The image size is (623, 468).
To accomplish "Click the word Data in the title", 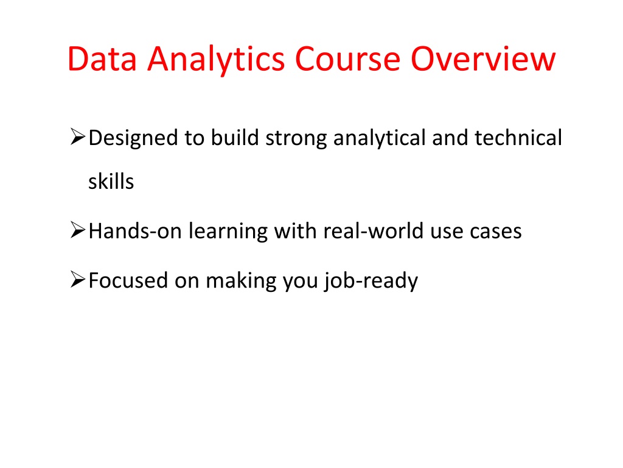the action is coord(102,58).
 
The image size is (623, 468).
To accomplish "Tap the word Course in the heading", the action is coord(347,58).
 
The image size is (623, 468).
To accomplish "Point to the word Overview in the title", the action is coord(482,58).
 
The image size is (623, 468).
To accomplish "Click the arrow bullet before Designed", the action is coord(77,136).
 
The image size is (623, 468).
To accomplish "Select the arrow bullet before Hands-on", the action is coord(77,230).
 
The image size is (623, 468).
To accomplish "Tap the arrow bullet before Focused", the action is coord(77,279).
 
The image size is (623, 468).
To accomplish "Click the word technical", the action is coord(518,138).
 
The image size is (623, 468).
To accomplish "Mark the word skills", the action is coord(111,182).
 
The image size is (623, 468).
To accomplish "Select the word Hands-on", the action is coord(135,231).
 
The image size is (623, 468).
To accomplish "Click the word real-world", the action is coord(374,231).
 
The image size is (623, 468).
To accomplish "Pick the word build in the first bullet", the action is coord(234,138).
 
